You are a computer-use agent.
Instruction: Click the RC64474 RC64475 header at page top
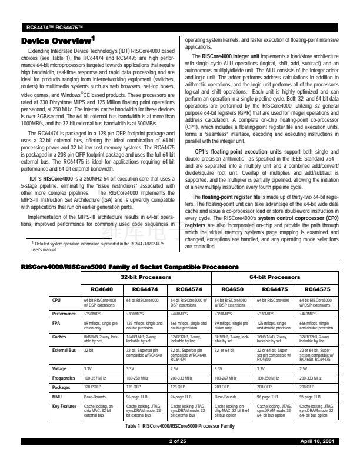click(x=55, y=28)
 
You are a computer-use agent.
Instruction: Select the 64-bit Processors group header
click(x=275, y=276)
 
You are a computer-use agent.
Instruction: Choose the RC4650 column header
click(x=233, y=289)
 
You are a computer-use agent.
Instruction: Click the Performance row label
click(x=65, y=314)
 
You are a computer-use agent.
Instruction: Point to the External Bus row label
click(x=65, y=349)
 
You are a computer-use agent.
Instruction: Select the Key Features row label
click(x=65, y=405)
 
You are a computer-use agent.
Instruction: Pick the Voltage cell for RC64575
click(x=305, y=368)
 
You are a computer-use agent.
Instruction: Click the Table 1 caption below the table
click(x=179, y=424)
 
